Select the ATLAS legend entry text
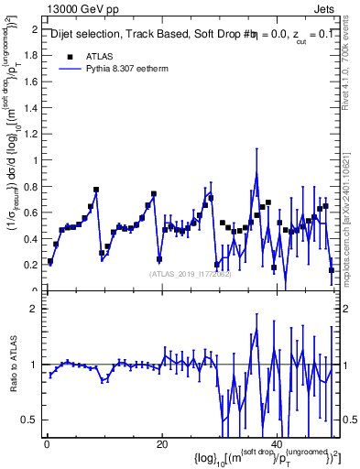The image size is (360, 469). pyautogui.click(x=101, y=55)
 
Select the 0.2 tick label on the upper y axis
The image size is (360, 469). pyautogui.click(x=31, y=265)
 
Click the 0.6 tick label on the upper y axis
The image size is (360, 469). pyautogui.click(x=31, y=213)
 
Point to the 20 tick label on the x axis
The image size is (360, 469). pyautogui.click(x=161, y=444)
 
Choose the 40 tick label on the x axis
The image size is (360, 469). pyautogui.click(x=277, y=444)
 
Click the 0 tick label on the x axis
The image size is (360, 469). pyautogui.click(x=46, y=444)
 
